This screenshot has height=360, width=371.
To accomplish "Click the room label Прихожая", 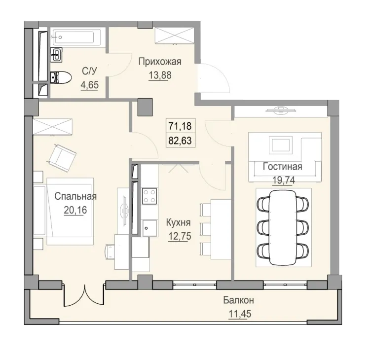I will tap(160, 62).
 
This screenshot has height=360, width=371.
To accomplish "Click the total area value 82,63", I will tap(180, 140).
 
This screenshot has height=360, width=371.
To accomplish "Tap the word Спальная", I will tap(75, 196).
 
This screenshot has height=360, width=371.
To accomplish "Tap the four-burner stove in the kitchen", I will tap(148, 197).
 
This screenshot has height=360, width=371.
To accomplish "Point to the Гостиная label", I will tap(283, 166).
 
